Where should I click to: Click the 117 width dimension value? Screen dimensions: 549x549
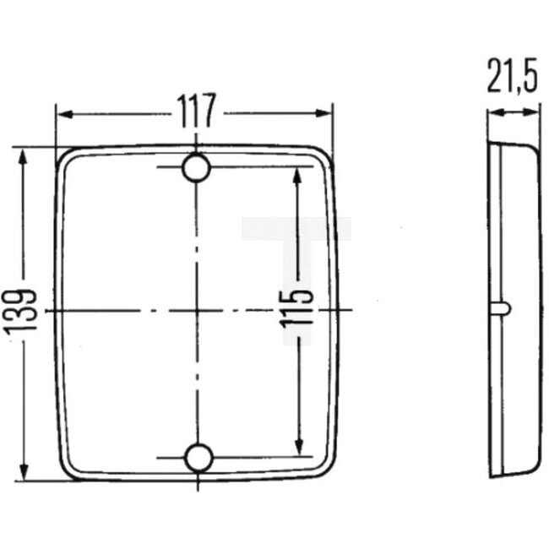click(195, 110)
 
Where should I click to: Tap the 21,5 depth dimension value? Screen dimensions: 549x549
click(512, 79)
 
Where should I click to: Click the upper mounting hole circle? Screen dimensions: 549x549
click(197, 168)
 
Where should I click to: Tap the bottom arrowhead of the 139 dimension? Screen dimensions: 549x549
click(25, 474)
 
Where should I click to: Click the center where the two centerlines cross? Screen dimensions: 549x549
click(196, 310)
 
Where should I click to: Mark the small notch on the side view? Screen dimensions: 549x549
click(503, 307)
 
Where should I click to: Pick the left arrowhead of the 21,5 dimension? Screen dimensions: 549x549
click(492, 113)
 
